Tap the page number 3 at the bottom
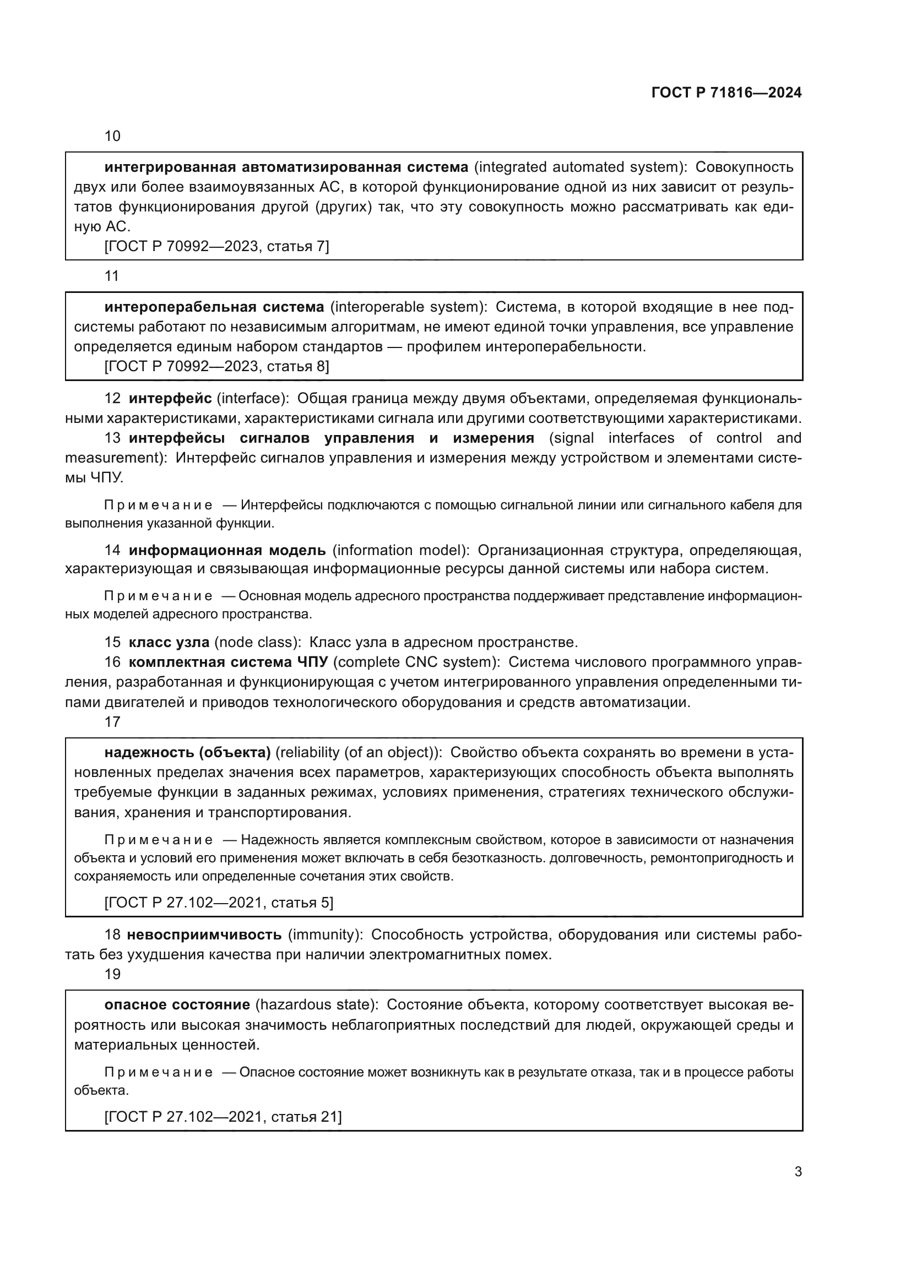798,1172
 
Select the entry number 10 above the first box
112,137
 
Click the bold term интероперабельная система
214,307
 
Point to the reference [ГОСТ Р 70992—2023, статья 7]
216,246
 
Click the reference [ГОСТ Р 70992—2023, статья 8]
216,366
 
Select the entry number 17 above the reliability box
112,722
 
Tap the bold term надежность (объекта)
187,752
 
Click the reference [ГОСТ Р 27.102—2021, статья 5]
219,903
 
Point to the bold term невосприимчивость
204,934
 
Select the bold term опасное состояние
177,1005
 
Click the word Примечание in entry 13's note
158,505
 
